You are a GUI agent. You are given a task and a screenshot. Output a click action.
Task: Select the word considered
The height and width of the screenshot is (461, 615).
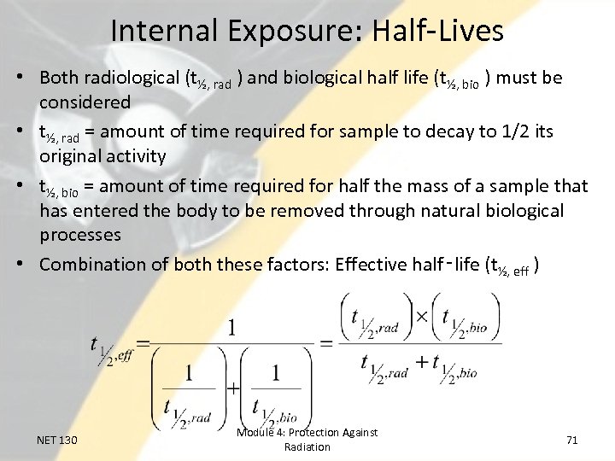(85, 102)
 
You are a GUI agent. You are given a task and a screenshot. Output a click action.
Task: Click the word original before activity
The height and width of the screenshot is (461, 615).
(71, 156)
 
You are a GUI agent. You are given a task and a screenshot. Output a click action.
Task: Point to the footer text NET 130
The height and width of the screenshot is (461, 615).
(57, 440)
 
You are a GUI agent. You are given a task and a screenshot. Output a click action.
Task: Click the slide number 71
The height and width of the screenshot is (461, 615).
(572, 440)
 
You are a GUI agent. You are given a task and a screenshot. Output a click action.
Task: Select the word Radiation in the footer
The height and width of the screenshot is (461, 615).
(307, 446)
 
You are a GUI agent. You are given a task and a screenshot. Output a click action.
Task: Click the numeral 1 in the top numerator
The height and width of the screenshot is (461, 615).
(231, 327)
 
